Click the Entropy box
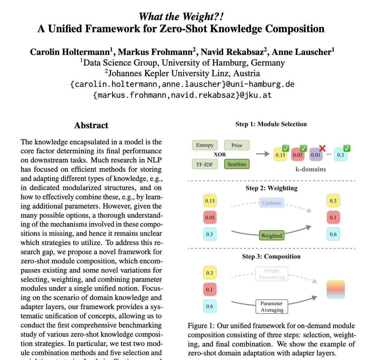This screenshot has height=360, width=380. (x=205, y=145)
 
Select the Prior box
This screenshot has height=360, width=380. (x=237, y=145)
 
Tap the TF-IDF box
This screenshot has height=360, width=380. (x=205, y=164)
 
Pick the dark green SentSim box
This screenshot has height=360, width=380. (x=237, y=164)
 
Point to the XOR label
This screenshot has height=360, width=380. (x=220, y=155)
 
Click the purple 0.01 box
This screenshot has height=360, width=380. (x=315, y=155)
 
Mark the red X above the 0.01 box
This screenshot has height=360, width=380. (x=322, y=148)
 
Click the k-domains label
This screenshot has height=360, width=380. (x=310, y=169)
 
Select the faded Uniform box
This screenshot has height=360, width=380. (x=271, y=203)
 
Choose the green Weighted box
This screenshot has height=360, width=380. (x=271, y=235)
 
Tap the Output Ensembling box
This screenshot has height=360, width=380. (x=272, y=274)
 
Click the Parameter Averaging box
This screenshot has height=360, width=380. (x=272, y=306)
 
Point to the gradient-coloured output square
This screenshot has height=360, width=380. (x=335, y=289)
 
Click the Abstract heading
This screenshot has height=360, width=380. (x=91, y=125)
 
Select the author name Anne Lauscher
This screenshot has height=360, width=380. (x=302, y=52)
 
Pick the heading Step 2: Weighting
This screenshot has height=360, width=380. (x=271, y=188)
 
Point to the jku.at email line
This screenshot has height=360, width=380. (x=182, y=95)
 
